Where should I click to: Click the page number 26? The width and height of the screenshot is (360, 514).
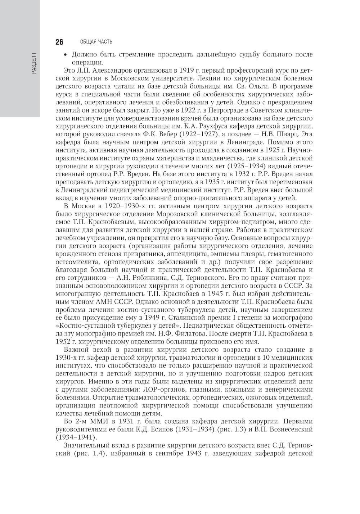point(59,42)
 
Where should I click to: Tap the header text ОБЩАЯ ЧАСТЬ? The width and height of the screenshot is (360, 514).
point(96,42)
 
